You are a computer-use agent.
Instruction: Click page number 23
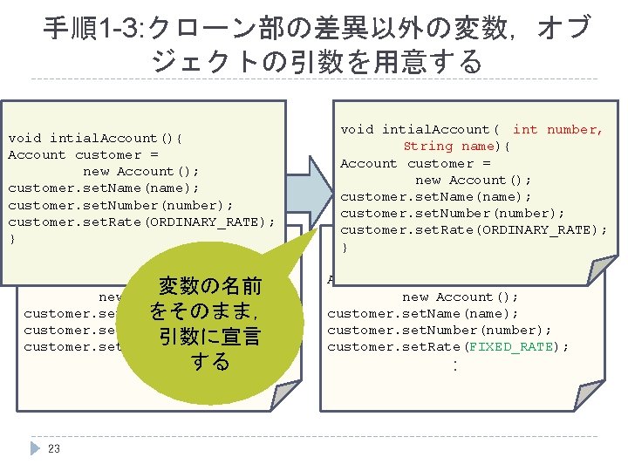click(x=54, y=449)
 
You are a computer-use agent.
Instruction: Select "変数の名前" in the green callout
click(x=209, y=286)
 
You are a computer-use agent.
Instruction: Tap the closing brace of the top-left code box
click(x=11, y=238)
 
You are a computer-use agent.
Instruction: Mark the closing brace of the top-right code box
click(x=345, y=248)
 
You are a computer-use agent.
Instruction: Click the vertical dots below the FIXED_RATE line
click(x=454, y=365)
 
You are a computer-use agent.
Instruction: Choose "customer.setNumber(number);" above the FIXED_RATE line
click(x=439, y=330)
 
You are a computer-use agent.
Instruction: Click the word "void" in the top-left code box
click(x=24, y=138)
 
